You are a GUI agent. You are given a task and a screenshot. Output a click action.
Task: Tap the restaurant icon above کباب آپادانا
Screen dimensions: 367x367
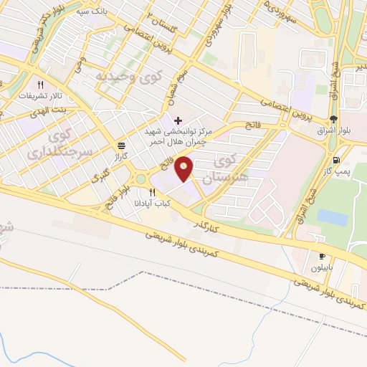click(152, 193)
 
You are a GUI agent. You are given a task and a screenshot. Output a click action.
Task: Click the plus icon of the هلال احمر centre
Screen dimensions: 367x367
click(178, 119)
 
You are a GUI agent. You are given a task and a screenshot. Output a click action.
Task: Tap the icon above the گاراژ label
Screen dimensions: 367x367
click(120, 144)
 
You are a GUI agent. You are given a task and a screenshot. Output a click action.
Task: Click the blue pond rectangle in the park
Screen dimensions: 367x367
click(332, 216)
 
